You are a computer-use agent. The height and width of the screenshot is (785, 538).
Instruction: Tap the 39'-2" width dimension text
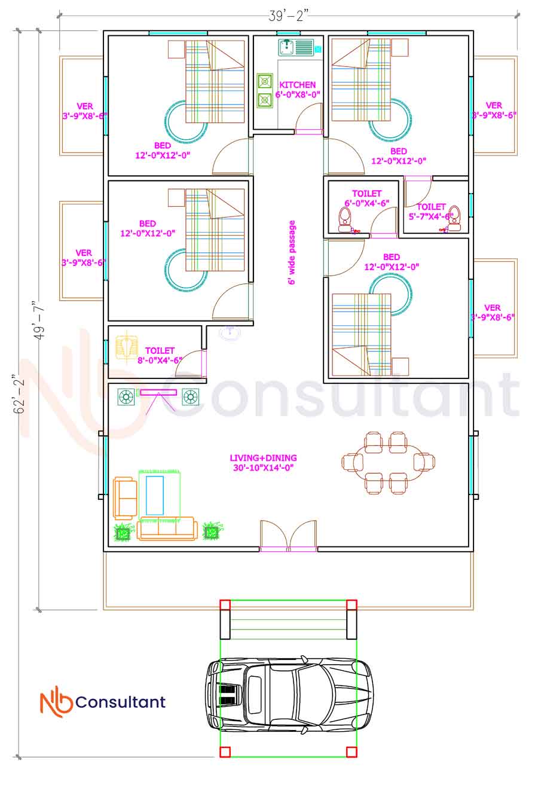coord(289,16)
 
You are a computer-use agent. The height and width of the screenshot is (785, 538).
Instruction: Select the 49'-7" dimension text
coord(39,320)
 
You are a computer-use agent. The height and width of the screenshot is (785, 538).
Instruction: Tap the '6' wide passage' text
coord(292,252)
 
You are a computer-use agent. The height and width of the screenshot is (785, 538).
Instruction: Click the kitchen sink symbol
coord(296,47)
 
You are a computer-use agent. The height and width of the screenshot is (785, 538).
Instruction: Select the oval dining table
coord(389,463)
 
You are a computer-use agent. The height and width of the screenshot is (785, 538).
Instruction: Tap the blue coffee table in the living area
coord(155,495)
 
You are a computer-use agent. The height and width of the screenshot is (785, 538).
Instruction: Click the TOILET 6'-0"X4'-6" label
coord(366,198)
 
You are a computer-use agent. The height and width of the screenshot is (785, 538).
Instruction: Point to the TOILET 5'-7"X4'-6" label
coord(431,212)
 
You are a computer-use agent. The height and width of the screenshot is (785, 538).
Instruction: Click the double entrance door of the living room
coord(288,536)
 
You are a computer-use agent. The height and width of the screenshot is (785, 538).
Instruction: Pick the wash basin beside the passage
coord(230,332)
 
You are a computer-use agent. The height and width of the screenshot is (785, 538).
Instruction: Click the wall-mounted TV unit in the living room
coord(158,392)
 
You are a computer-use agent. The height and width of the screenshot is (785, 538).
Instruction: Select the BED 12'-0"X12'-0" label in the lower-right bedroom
coord(392,262)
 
